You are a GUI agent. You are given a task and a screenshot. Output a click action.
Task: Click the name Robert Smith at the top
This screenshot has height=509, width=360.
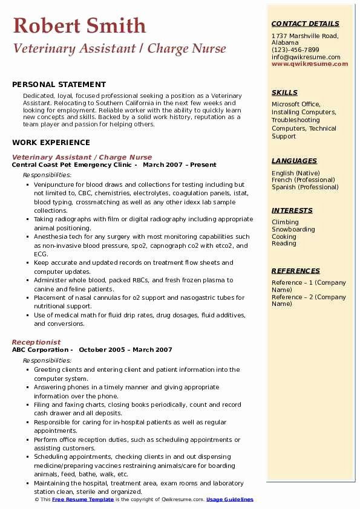[79, 25]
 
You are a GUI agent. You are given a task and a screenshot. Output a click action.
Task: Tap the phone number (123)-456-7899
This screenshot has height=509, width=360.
[295, 50]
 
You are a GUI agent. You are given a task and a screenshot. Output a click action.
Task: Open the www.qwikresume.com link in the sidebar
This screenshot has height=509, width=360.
[310, 63]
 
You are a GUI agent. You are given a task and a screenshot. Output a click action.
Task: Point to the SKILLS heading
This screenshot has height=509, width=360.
[284, 92]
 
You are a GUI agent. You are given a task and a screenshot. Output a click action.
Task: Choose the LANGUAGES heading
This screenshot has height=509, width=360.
[294, 161]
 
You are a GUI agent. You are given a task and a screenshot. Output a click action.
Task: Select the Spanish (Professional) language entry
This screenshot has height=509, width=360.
[306, 187]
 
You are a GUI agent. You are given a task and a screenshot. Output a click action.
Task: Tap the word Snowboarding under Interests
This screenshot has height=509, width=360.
[293, 230]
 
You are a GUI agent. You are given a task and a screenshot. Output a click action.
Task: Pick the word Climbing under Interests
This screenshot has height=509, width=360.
[285, 222]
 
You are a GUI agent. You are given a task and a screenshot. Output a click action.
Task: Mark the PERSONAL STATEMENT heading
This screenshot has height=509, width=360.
[59, 85]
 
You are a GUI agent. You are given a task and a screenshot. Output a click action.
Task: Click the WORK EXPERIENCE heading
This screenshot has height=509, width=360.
[50, 143]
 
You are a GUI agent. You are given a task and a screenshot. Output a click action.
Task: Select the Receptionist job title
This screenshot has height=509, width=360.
[36, 342]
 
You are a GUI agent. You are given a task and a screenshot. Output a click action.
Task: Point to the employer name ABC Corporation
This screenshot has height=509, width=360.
[39, 349]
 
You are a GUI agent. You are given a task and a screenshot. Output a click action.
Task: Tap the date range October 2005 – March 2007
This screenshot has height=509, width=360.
[125, 349]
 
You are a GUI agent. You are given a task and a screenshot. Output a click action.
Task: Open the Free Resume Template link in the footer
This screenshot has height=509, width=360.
[82, 499]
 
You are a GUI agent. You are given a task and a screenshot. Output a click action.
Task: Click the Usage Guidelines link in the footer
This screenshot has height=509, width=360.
[230, 499]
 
